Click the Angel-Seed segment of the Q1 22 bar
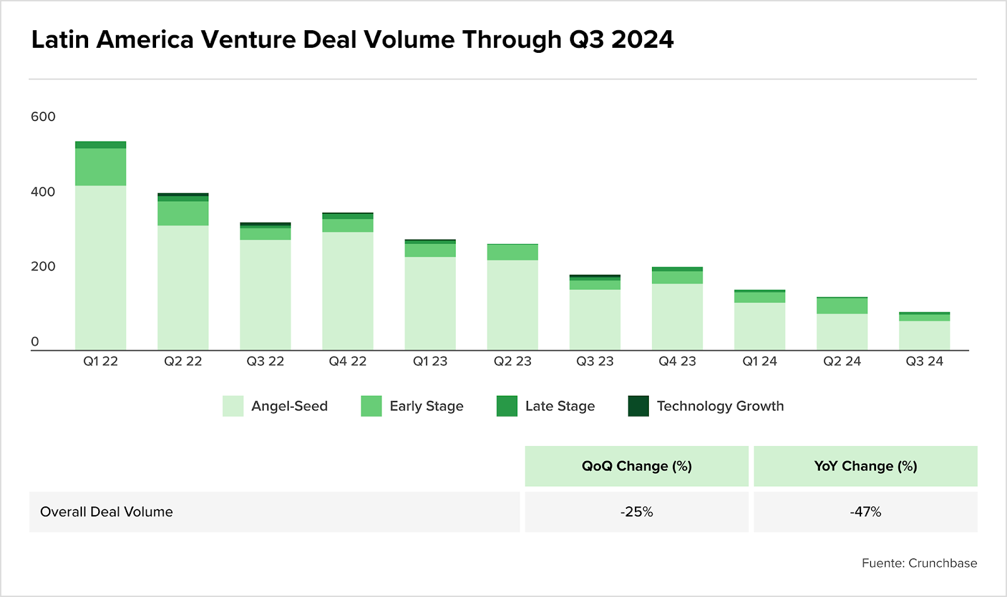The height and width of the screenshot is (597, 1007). [x=101, y=267]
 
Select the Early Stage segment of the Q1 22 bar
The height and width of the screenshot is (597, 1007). [x=101, y=167]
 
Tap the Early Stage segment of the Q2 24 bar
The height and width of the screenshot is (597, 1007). [x=842, y=306]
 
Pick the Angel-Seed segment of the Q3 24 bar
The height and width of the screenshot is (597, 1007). [x=925, y=335]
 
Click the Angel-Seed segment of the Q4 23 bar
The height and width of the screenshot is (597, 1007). [x=677, y=316]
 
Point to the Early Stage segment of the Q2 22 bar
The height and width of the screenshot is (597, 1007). [x=183, y=213]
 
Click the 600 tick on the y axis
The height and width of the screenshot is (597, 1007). [x=43, y=116]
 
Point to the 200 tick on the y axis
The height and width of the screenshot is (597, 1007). [x=43, y=266]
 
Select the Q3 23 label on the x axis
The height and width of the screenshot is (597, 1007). [x=595, y=361]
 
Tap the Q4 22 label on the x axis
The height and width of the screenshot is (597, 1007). [x=347, y=361]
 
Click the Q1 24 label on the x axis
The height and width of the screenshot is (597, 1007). [x=760, y=361]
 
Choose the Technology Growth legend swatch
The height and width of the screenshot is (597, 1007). [x=638, y=406]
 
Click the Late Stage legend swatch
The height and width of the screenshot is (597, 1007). [x=507, y=406]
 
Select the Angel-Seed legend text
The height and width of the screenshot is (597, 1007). [x=290, y=406]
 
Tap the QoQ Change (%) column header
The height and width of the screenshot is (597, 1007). [x=636, y=466]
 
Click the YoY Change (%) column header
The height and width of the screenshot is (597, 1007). [x=865, y=466]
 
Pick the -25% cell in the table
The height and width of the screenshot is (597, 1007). [x=636, y=512]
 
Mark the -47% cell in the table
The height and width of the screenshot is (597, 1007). [x=865, y=512]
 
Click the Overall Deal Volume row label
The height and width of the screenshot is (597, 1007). [x=106, y=512]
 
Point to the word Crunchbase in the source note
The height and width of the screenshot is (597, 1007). [x=943, y=563]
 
